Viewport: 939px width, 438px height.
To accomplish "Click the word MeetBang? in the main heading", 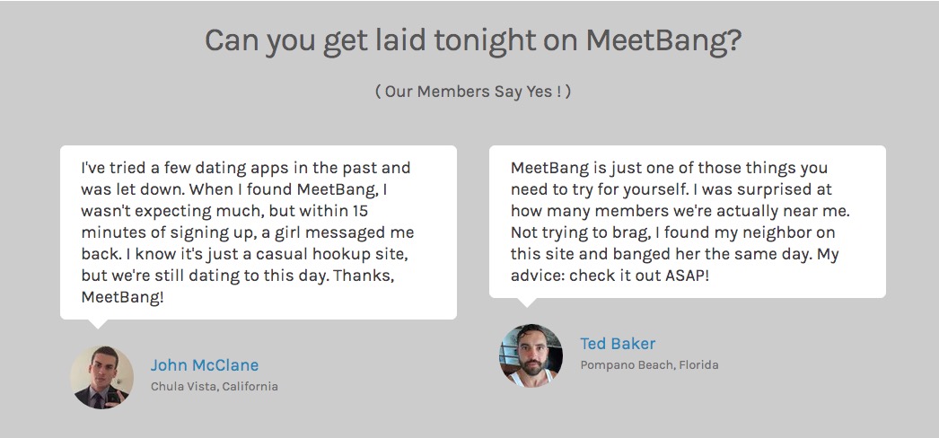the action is coord(663,40).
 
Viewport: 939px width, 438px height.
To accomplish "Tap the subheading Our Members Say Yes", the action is coord(473,92).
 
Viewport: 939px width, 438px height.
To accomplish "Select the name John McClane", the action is coord(204,365).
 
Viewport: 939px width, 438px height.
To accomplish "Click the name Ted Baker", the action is coord(618,344).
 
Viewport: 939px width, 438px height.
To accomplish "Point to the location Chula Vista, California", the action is coord(215,387).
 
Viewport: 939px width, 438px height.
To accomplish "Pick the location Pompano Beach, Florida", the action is coord(649,365).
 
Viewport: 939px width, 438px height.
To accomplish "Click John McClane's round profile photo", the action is coord(101,377).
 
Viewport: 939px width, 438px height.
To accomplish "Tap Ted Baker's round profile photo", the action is coord(531,355).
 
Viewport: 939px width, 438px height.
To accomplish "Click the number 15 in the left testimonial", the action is coord(360,211).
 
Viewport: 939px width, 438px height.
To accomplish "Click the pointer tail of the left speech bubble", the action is coord(98,323).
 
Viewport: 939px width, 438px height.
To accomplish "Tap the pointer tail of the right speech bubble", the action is coord(527,302).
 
